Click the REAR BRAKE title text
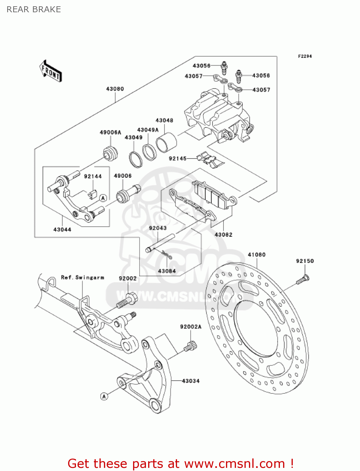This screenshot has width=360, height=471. click(x=34, y=9)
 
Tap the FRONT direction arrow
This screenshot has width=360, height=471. click(x=51, y=72)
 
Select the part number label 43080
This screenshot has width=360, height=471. click(x=115, y=89)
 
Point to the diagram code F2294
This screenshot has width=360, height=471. click(x=305, y=56)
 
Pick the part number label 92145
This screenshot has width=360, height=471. click(x=178, y=159)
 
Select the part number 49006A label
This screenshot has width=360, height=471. click(x=110, y=133)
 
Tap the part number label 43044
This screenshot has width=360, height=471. click(x=62, y=230)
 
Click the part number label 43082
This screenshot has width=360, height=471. click(x=223, y=235)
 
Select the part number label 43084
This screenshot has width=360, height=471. click(x=167, y=271)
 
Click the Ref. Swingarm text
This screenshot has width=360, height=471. click(x=83, y=278)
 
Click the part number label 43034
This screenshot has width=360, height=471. click(x=191, y=381)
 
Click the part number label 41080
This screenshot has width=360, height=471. click(x=256, y=255)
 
